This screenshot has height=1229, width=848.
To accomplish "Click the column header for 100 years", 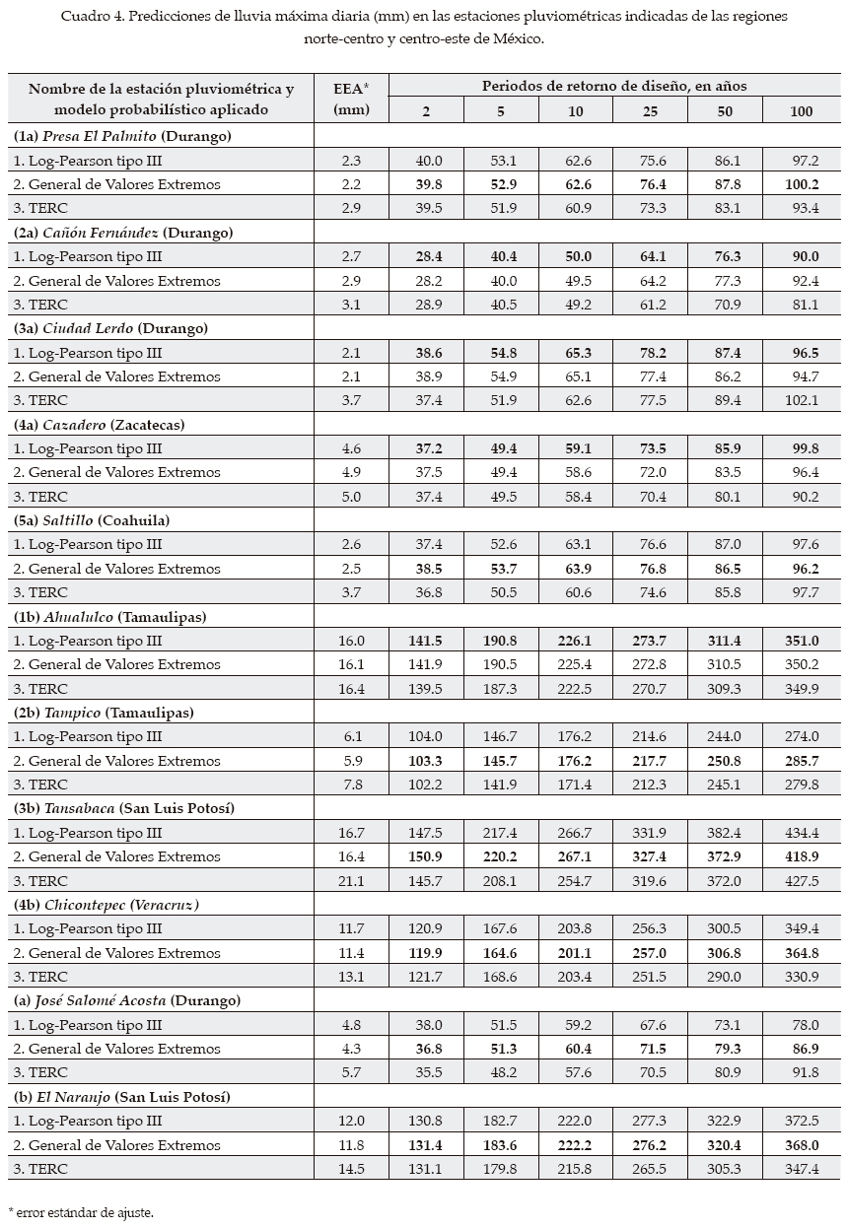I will pos(801,111).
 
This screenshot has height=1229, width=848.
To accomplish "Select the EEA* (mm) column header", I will pos(351,99).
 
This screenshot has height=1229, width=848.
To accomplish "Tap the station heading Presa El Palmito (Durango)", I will pos(122,136).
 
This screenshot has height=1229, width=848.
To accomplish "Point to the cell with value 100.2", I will pos(801,184).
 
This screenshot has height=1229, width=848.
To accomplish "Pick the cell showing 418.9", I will pos(801,856).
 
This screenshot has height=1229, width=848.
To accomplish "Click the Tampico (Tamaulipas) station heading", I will pos(104,713).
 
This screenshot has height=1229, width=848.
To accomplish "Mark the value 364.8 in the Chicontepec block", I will pos(801,953).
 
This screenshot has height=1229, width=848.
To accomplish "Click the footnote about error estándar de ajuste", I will pos(81,1210).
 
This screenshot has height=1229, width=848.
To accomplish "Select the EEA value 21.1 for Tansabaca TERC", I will pos(351,881).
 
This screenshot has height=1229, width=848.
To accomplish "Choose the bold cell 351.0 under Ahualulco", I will pos(801,641).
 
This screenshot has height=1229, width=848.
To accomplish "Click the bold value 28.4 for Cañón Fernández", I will pos(428,256).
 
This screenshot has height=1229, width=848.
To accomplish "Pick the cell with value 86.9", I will pos(801,1049).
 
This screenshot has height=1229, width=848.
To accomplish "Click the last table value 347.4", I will pos(801,1169).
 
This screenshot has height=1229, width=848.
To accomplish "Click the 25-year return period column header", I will pos(650,111).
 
